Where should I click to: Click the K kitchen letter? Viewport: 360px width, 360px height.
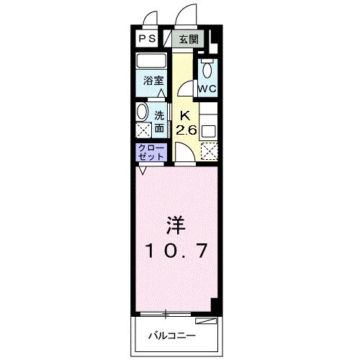(185, 114)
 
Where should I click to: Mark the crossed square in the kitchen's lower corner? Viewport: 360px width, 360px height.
(209, 150)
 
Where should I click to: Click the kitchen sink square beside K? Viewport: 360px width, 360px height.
(208, 131)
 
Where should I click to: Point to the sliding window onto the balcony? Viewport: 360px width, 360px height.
(166, 314)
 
